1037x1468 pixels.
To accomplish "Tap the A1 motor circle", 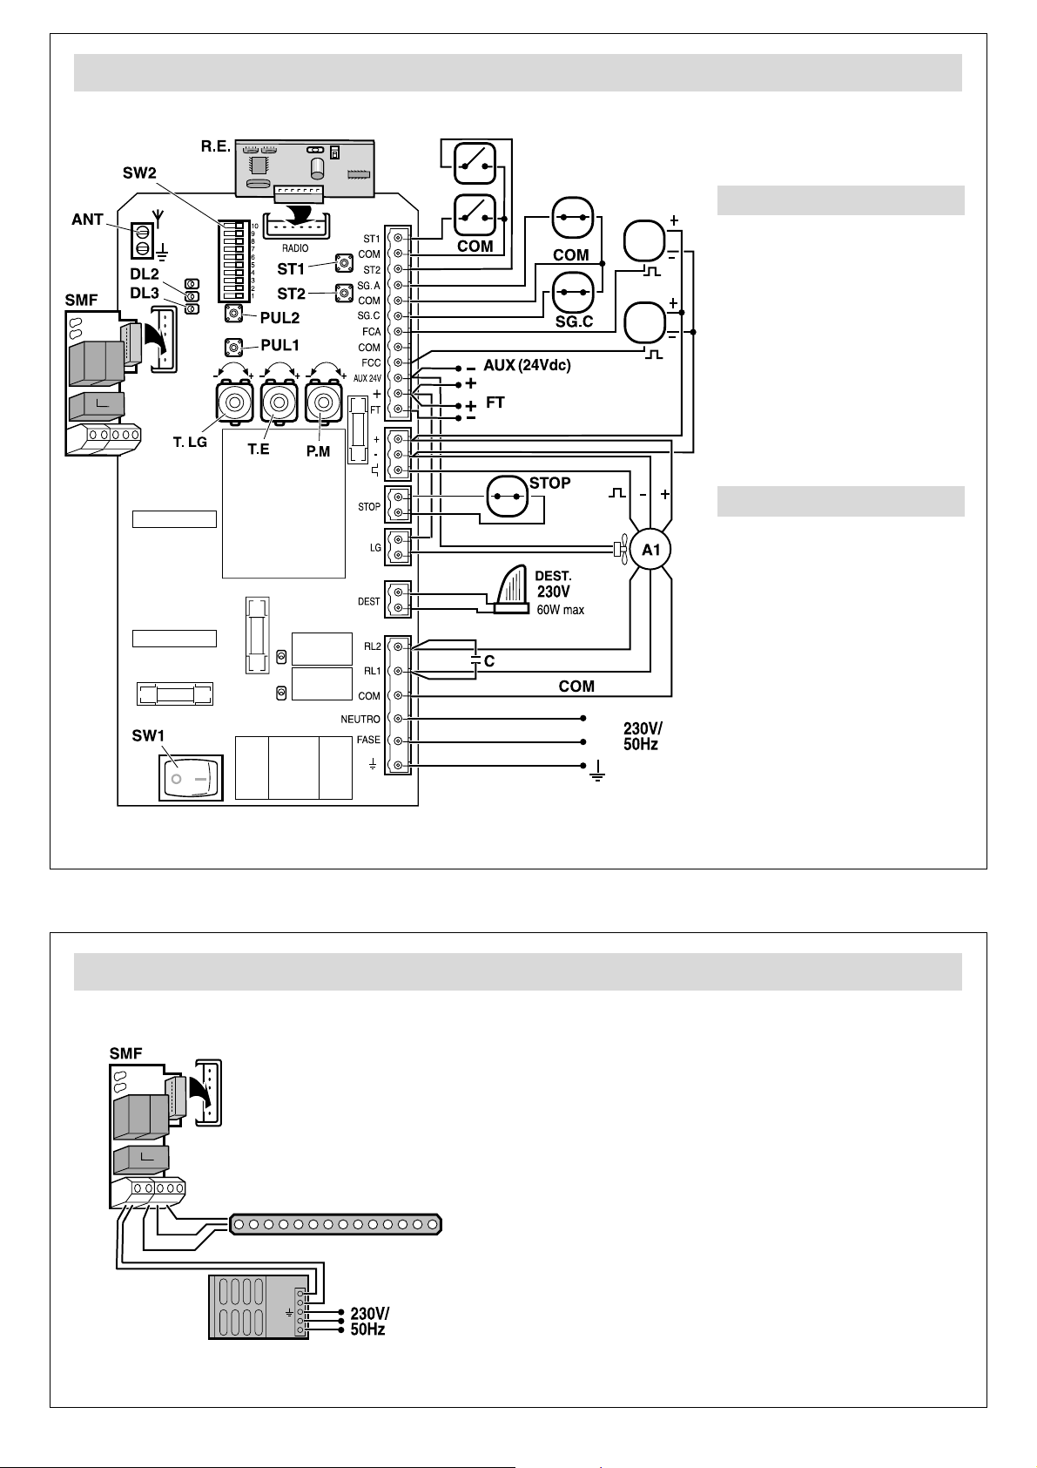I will point(650,550).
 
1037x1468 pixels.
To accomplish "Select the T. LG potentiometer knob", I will point(234,403).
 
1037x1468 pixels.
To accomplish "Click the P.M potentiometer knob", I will point(324,403).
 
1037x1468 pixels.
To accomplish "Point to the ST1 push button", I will point(343,260).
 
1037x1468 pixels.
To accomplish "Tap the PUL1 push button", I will point(234,347).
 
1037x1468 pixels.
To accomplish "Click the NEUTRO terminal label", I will point(360,720).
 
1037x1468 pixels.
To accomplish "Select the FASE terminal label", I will point(368,741).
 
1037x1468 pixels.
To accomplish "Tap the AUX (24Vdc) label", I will point(527,366).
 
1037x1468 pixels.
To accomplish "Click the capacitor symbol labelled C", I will point(475,659).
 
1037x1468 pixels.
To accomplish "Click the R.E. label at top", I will point(215,146).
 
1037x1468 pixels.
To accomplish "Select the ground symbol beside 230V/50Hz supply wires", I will point(596,772).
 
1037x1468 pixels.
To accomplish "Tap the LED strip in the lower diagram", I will point(336,1225).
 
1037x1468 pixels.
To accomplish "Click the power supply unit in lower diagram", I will point(258,1307).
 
